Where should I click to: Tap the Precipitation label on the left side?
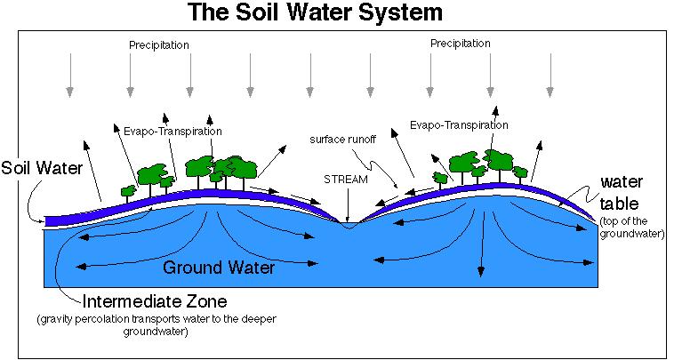159,45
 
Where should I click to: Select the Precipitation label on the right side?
461,44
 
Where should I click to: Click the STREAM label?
346,180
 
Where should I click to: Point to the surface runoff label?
342,140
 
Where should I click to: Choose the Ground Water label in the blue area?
219,268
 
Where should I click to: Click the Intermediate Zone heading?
155,301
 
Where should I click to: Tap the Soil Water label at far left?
42,167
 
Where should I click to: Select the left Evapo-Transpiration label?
173,131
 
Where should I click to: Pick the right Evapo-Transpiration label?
459,125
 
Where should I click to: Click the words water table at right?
622,193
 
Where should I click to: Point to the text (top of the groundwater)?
632,228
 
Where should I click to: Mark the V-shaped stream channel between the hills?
349,225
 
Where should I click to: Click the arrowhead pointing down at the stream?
347,219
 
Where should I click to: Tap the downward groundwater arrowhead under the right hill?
481,271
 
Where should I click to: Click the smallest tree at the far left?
128,192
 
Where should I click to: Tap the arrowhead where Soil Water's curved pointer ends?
41,222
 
